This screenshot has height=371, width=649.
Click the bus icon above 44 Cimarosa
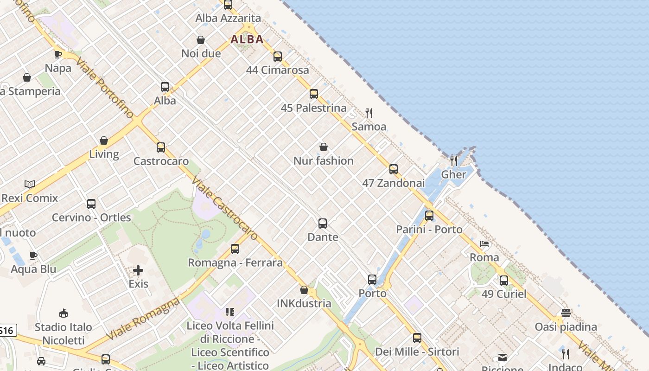(278, 57)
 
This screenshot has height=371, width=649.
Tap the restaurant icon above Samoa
(369, 113)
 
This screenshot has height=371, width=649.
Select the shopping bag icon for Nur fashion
(324, 147)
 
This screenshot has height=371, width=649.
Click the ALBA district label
(247, 39)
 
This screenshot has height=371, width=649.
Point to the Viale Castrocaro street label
(224, 209)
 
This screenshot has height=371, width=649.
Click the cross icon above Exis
(138, 270)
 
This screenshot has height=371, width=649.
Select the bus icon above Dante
(323, 224)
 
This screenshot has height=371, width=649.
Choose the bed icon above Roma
(484, 244)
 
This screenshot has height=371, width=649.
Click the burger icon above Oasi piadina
(566, 313)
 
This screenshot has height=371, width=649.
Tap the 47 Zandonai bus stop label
(394, 183)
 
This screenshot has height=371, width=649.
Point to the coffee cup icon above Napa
(58, 54)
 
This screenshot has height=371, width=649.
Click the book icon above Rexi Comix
(30, 184)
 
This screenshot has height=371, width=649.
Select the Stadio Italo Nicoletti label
(64, 334)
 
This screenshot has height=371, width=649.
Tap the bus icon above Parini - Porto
(429, 216)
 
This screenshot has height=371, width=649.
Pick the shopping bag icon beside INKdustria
(304, 290)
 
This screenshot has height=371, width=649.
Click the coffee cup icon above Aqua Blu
(33, 256)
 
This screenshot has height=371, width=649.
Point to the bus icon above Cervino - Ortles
(91, 204)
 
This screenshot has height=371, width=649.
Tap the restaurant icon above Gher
(454, 160)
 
